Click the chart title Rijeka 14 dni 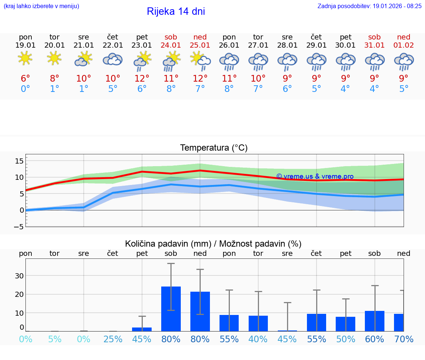pyautogui.click(x=176, y=11)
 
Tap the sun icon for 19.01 pyautogui.click(x=25, y=58)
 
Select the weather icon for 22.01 pyautogui.click(x=113, y=59)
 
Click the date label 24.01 pyautogui.click(x=171, y=45)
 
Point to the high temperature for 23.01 pyautogui.click(x=142, y=79)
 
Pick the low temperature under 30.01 pyautogui.click(x=345, y=89)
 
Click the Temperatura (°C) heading pyautogui.click(x=214, y=148)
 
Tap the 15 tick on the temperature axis pyautogui.click(x=19, y=161)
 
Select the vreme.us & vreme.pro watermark pyautogui.click(x=315, y=176)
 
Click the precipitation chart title pyautogui.click(x=213, y=244)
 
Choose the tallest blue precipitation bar pyautogui.click(x=171, y=309)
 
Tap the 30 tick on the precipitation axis pyautogui.click(x=19, y=276)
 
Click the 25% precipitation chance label pyautogui.click(x=113, y=339)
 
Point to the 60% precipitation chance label pyautogui.click(x=374, y=339)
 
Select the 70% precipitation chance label pyautogui.click(x=404, y=339)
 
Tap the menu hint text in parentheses pyautogui.click(x=41, y=6)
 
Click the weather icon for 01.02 pyautogui.click(x=404, y=62)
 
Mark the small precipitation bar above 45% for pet pyautogui.click(x=142, y=329)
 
